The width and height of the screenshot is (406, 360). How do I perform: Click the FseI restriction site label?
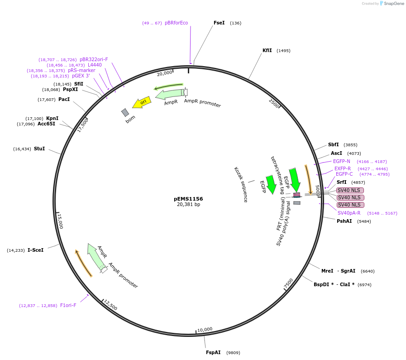pos(219,23)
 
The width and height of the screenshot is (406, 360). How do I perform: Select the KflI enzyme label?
pos(267,51)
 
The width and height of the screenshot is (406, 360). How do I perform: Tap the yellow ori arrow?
pos(142,102)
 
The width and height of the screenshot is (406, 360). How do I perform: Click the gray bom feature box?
pos(125,112)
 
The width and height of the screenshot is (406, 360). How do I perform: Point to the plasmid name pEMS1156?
pos(188,199)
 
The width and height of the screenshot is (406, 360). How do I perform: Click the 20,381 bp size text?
pos(188,205)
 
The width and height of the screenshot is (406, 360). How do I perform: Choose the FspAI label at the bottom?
pos(213,352)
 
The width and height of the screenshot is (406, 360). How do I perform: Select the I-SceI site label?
pos(35,250)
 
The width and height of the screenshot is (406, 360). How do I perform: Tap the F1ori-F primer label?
pos(68,305)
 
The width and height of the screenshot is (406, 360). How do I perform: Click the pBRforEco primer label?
pos(176,23)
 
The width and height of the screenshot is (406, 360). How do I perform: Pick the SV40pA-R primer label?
pos(349,213)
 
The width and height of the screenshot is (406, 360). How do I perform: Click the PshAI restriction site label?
pos(344,221)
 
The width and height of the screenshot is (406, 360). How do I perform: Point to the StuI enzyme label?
pos(39,149)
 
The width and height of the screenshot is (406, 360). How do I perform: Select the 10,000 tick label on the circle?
pos(205,329)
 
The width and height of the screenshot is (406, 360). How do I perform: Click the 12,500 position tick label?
pos(110,305)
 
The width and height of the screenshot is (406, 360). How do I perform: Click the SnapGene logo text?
pos(392,4)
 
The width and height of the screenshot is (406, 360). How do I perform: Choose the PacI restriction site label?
pos(64,99)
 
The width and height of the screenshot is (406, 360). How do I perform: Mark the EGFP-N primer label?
pos(341,161)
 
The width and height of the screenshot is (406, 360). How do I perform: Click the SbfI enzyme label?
pos(333,145)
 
